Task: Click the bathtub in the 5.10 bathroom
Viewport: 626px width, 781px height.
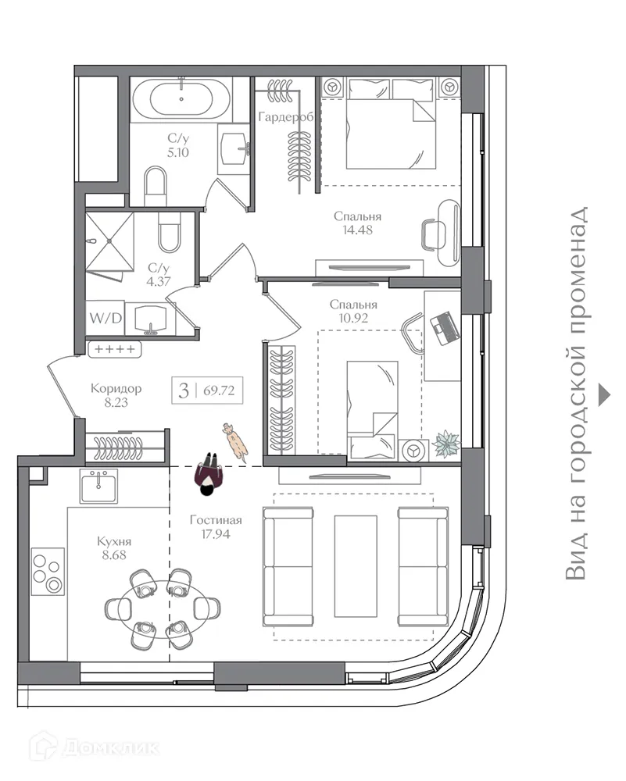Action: (x=181, y=99)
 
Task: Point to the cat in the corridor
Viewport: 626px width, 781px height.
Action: (x=234, y=440)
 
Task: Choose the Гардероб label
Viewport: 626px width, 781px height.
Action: (x=286, y=117)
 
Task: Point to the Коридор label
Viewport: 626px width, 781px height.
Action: (x=116, y=389)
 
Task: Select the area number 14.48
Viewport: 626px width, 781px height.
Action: (x=357, y=230)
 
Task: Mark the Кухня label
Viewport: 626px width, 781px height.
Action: (x=114, y=541)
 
